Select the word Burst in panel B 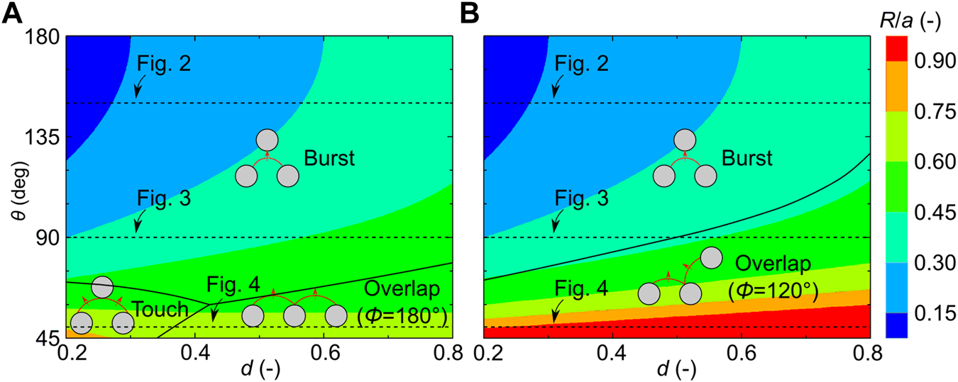(x=746, y=157)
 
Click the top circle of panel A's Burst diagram (x=267, y=140)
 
